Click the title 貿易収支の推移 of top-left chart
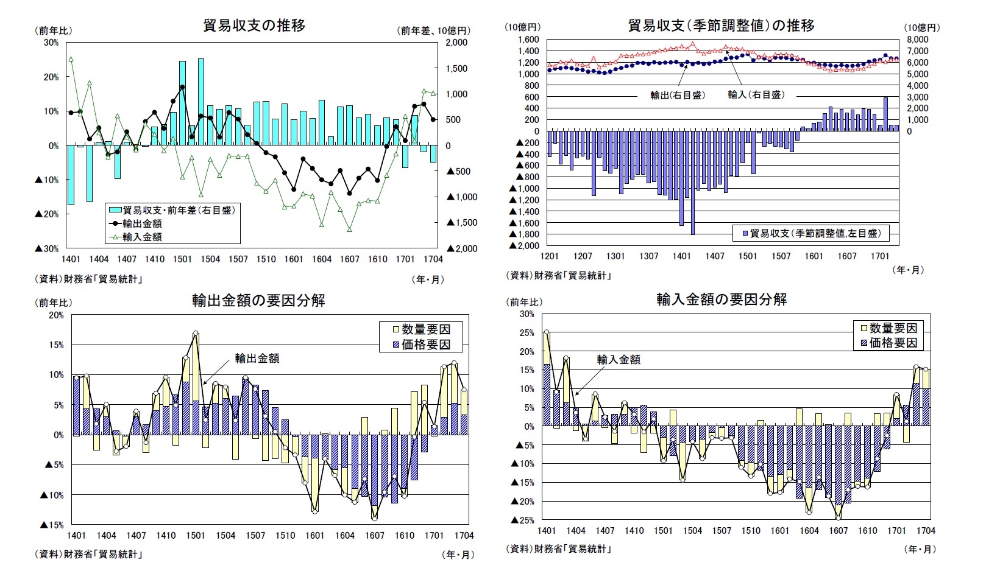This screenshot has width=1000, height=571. coord(254,26)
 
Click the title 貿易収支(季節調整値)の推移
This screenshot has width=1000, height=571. coord(721,26)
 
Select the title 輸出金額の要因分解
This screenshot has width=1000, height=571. coord(258,300)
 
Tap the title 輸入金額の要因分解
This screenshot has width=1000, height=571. coord(722,300)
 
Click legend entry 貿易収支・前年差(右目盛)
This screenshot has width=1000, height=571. coord(178,211)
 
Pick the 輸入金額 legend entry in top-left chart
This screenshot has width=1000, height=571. coord(142,237)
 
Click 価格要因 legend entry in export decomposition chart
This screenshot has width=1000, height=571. coord(425,345)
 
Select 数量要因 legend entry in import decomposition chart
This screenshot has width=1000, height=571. coord(892,328)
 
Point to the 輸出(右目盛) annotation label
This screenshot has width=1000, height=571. coord(677,95)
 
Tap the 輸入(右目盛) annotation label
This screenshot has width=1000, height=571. coord(756,95)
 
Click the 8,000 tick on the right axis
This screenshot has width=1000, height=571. coord(918,40)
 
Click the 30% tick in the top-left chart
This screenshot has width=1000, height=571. coord(51,43)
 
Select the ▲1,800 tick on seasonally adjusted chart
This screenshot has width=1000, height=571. coord(525,234)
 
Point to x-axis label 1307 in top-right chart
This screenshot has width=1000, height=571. coord(648,256)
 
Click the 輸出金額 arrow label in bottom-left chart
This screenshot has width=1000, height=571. coord(257,359)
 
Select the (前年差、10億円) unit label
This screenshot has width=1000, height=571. coord(434,30)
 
